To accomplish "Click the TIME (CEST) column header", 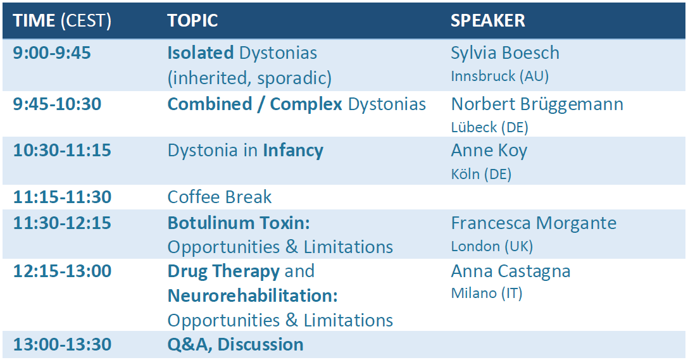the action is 62,21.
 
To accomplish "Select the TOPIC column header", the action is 192,21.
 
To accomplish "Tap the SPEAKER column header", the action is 488,21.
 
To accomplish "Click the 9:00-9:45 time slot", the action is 52,53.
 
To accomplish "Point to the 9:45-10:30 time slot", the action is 57,104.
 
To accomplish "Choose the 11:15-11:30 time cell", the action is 62,197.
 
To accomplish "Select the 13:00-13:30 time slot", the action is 62,345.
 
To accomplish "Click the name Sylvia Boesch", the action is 505,54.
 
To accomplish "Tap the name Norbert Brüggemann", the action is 537,105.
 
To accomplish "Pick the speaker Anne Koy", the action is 489,151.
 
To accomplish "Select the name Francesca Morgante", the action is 534,223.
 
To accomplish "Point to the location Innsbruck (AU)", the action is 500,77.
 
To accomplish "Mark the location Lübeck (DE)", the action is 490,128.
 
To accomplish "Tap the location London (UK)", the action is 492,246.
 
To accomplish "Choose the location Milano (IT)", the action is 487,294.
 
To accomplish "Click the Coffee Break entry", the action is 220,197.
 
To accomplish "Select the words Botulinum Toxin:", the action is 239,223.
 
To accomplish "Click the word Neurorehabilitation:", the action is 253,296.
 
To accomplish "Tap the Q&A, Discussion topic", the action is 235,345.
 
